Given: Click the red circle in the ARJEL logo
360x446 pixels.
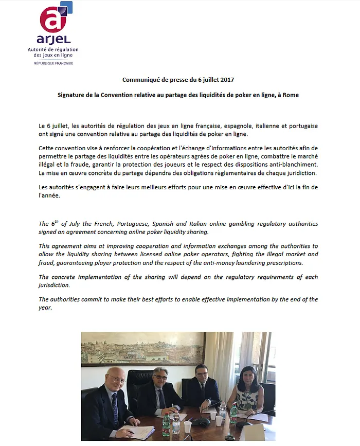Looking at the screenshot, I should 52,21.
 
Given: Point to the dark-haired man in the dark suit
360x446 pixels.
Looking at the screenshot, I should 203,391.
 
